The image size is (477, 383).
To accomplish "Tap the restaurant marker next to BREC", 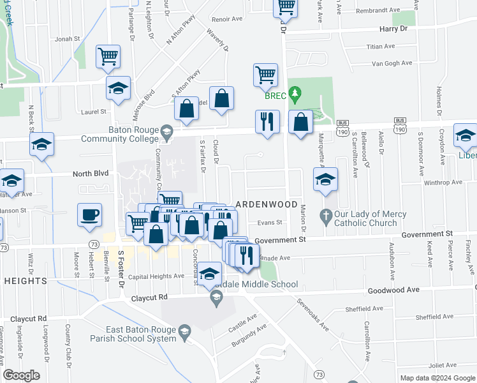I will click(267, 121).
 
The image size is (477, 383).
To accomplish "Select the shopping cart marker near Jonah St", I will click(108, 56).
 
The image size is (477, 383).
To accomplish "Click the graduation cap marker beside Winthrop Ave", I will click(325, 179).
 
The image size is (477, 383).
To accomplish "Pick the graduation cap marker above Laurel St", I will click(118, 88).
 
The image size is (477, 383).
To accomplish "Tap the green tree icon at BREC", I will click(294, 95).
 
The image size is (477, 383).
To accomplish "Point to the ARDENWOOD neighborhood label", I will click(267, 204).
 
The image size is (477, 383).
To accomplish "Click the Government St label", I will click(280, 239).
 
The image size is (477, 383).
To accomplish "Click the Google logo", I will click(21, 375).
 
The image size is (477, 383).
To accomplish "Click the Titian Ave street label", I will click(382, 47).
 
